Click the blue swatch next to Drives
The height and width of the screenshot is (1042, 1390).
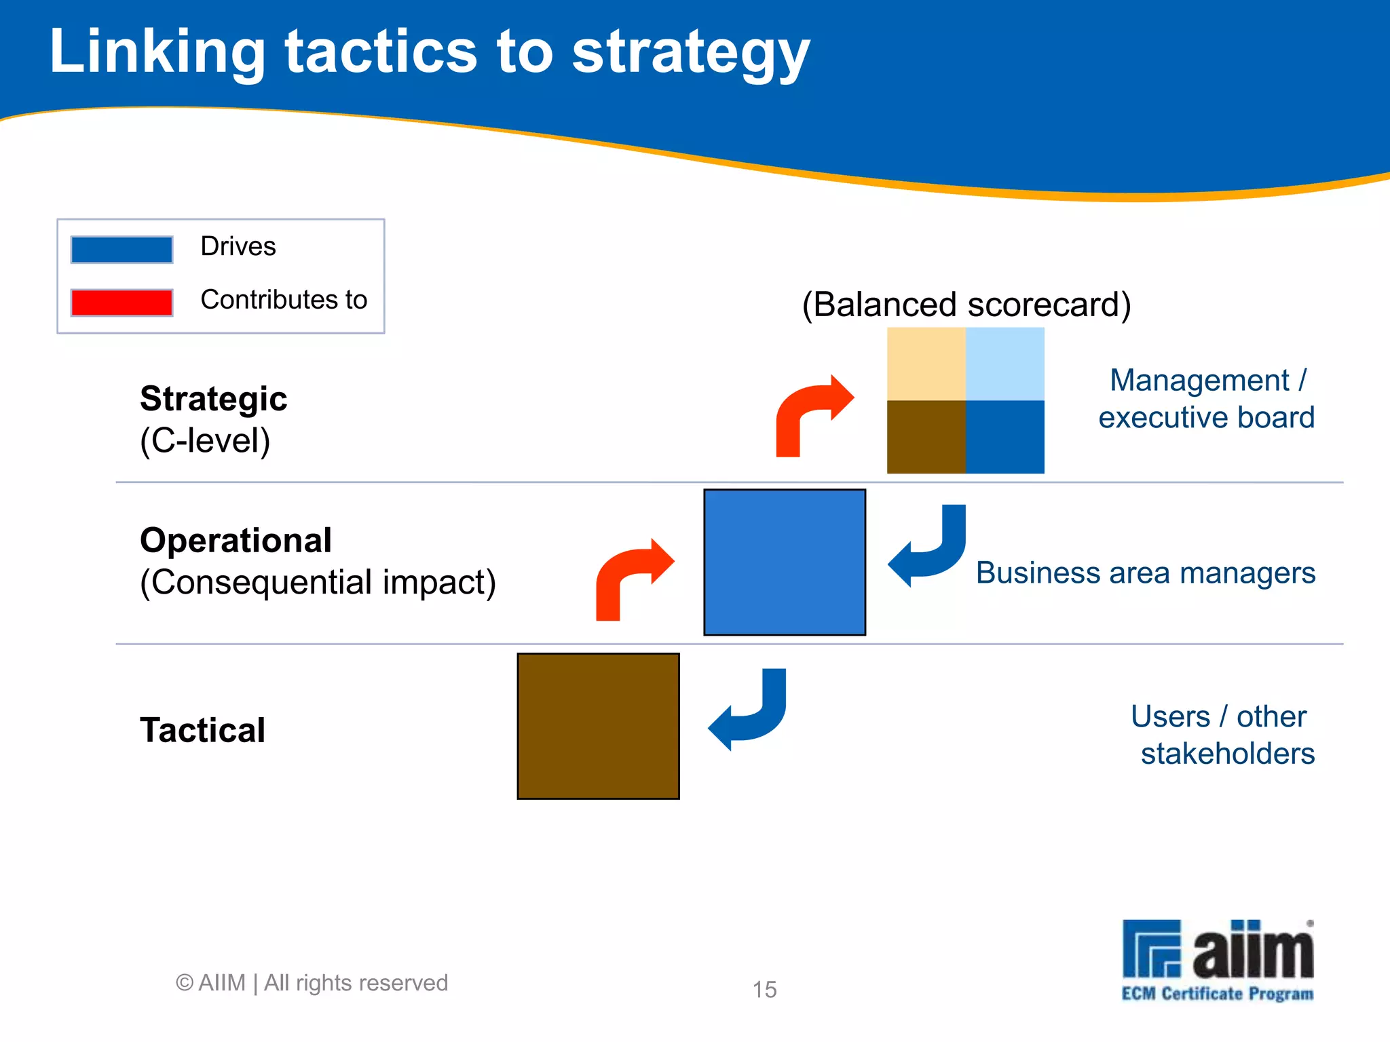[x=121, y=249]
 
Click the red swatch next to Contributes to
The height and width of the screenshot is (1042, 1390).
[x=121, y=302]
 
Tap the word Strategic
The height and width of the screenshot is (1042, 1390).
[x=213, y=399]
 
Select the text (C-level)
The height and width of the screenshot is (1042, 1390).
[x=205, y=441]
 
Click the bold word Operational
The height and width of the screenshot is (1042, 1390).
[x=236, y=541]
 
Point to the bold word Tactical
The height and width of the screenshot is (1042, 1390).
[x=202, y=731]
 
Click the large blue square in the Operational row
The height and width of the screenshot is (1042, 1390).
[x=785, y=562]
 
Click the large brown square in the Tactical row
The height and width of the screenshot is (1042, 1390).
[x=598, y=727]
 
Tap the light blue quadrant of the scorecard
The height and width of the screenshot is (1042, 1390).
[x=1004, y=364]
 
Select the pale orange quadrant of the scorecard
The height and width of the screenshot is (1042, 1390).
[x=926, y=364]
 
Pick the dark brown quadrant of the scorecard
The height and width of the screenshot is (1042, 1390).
[x=926, y=437]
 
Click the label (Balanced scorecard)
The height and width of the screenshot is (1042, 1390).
[x=966, y=305]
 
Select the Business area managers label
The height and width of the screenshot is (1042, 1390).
[x=1145, y=573]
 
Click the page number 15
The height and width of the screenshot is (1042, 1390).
[x=764, y=990]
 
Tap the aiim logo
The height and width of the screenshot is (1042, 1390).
[x=1218, y=959]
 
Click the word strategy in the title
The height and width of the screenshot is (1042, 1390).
[x=690, y=54]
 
